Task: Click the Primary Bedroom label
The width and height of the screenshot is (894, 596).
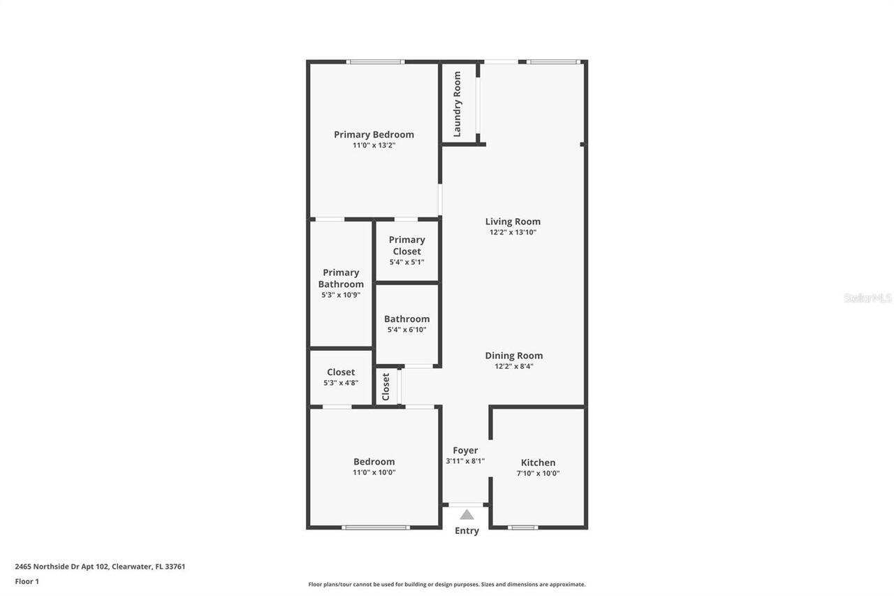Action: pos(374,135)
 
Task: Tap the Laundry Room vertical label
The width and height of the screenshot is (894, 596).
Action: pos(457,104)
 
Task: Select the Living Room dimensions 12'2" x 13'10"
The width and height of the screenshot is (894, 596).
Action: pos(513,233)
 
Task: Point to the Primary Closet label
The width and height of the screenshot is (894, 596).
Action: pos(406,245)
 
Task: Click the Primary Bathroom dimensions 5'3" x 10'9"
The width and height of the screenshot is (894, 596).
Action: pos(341,296)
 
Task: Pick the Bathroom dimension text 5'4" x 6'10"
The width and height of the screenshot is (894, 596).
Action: pos(406,330)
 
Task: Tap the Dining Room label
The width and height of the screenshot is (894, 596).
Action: pos(514,356)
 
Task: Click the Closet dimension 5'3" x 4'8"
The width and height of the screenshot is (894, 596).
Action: pos(341,383)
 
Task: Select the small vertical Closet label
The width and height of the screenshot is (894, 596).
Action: pos(386,386)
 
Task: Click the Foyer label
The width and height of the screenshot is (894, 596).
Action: pos(465,451)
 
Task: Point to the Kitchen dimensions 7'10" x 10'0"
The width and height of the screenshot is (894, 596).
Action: pos(538,473)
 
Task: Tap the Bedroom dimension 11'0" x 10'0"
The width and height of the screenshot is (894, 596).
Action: pos(374,472)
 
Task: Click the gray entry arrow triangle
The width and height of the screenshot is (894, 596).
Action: pos(467,515)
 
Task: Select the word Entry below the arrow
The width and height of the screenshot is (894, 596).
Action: pos(467,531)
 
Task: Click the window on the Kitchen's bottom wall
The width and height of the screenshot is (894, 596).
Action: pos(523,527)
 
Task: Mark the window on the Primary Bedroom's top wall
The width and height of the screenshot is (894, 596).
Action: pos(375,62)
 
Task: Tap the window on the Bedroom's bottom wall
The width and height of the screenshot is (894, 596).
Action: pos(375,527)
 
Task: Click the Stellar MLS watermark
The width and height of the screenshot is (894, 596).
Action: pos(867,298)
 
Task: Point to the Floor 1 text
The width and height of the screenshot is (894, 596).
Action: pos(27,581)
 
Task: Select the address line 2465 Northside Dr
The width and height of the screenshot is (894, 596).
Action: pos(100,567)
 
